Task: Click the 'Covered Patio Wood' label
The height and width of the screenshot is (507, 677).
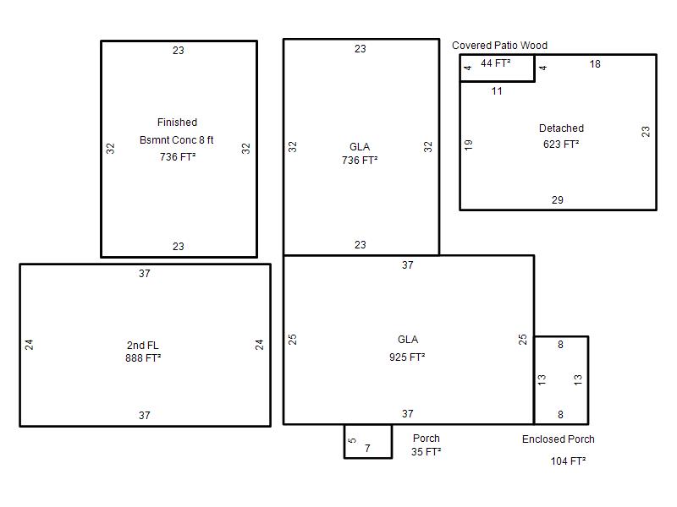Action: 499,46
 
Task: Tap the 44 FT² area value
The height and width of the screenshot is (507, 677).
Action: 496,63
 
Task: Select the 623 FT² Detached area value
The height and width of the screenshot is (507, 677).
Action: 561,144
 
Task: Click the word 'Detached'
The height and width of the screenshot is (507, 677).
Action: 561,128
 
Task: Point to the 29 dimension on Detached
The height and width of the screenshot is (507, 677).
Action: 558,200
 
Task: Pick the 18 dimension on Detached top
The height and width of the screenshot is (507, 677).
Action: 595,64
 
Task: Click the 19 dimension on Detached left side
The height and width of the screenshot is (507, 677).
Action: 469,144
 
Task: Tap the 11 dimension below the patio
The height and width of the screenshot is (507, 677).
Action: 497,91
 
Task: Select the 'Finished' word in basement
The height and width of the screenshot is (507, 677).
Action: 177,123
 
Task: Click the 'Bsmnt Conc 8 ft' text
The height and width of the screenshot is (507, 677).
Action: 177,140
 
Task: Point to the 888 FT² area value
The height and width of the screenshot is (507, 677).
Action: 143,358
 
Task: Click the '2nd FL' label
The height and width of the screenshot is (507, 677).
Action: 142,346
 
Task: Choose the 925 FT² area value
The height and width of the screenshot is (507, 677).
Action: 407,357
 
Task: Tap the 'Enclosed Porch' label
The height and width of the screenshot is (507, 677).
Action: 559,439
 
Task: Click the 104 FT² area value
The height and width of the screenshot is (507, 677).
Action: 568,461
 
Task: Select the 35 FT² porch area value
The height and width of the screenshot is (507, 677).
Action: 427,452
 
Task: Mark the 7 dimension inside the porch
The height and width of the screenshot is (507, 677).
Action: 367,449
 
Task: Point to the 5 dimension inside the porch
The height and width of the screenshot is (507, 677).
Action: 352,440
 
